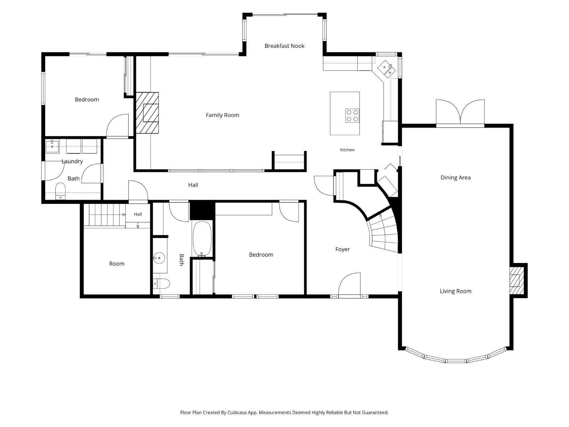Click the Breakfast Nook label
284,46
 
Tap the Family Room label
222,115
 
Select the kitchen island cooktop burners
352,116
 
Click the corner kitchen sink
386,69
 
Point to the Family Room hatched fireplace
147,113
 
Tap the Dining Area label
456,178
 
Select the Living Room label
456,291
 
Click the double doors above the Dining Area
460,112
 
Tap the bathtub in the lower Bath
202,239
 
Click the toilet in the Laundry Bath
60,191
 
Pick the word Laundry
72,162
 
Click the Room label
117,264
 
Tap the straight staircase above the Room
107,215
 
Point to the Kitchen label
347,150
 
